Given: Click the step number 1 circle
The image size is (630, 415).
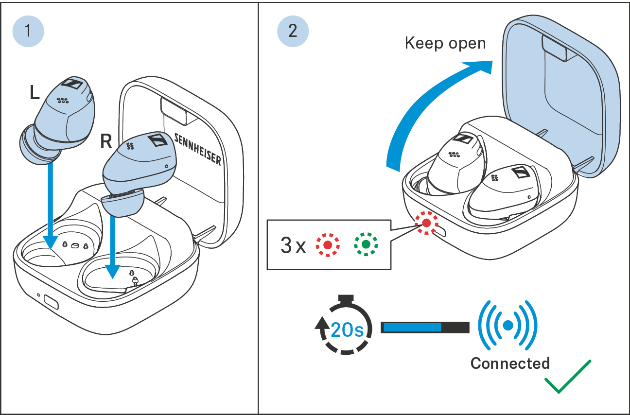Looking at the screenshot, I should (28, 31).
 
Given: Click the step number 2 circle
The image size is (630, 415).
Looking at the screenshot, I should (293, 31).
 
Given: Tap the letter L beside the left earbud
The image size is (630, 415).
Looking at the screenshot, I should (34, 92).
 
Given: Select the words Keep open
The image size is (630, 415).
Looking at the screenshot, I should (445, 44).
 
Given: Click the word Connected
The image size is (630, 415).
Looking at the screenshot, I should (510, 363).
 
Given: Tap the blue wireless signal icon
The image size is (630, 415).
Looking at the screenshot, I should (507, 326).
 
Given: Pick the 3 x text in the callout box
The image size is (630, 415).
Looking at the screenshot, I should (293, 246).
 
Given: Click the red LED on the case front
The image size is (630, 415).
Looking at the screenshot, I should (426, 223).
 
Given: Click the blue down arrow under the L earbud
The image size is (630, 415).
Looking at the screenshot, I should (51, 204).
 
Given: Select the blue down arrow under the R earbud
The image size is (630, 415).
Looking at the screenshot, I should (112, 243).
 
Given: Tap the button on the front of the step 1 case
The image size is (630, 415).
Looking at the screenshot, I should (51, 302).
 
